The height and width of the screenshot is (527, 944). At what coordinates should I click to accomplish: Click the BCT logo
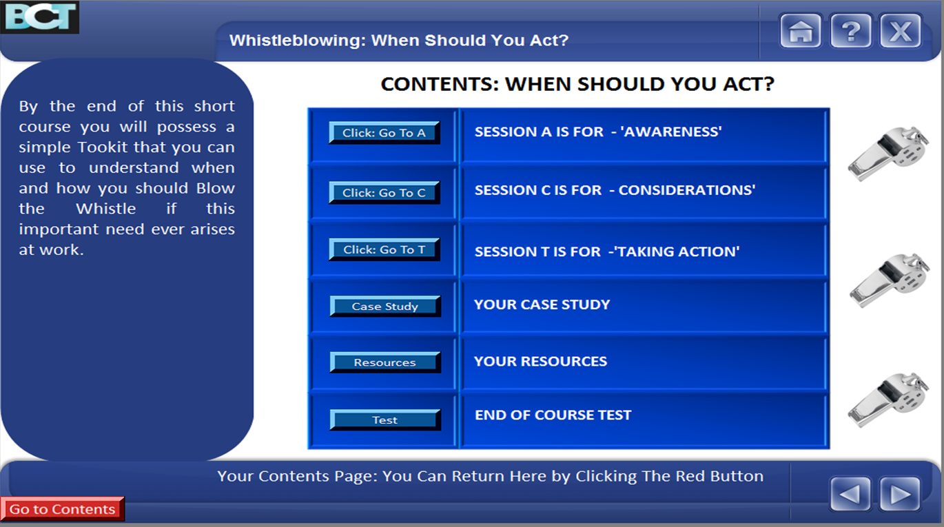coord(39,17)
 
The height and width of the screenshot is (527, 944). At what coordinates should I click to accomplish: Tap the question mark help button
coord(850,31)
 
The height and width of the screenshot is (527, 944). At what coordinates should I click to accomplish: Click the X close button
coord(900,31)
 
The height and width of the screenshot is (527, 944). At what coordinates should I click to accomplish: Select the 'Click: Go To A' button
coord(384,133)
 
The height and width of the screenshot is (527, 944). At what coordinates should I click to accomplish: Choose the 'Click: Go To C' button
coord(384,192)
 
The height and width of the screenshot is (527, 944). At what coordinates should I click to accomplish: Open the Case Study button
coord(385,307)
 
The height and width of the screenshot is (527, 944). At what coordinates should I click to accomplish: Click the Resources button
coord(385,362)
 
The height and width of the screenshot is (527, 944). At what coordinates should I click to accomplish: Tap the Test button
coord(385,420)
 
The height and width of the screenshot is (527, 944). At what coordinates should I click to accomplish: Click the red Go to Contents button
coord(63,509)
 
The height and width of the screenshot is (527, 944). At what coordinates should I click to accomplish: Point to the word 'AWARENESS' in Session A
coord(671,132)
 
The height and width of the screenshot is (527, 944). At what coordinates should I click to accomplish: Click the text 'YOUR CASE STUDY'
coord(542,304)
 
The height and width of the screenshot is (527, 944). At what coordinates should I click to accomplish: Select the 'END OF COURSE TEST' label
coord(553,415)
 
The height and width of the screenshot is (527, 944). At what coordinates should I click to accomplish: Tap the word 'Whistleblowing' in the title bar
coord(297,41)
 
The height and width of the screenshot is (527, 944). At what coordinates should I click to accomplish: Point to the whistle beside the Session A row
coord(888,154)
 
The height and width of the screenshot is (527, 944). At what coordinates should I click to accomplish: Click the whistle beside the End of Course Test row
coord(888,400)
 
